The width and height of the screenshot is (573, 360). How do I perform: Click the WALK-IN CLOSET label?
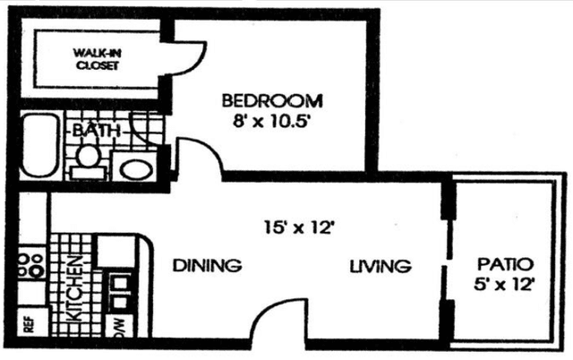tap(98, 59)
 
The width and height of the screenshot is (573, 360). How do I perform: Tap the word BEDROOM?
tap(272, 101)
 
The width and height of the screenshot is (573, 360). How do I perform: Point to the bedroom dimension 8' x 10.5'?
tap(271, 122)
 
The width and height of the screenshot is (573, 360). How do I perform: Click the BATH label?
tap(97, 130)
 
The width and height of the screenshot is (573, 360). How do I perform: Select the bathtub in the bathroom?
tap(39, 145)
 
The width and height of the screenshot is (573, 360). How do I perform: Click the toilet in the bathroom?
tap(88, 161)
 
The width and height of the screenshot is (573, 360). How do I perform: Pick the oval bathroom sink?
tap(137, 170)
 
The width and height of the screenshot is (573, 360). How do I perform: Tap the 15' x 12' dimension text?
tap(299, 228)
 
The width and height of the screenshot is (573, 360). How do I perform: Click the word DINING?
tap(207, 265)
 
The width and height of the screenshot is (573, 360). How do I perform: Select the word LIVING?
tap(381, 266)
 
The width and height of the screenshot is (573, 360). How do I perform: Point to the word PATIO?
tap(505, 264)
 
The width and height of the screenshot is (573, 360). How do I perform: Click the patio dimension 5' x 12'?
tap(505, 284)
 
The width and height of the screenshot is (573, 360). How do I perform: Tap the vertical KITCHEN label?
tap(76, 288)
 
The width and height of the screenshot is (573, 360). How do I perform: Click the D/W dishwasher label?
tap(120, 328)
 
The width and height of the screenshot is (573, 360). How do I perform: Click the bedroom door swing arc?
tap(208, 146)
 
